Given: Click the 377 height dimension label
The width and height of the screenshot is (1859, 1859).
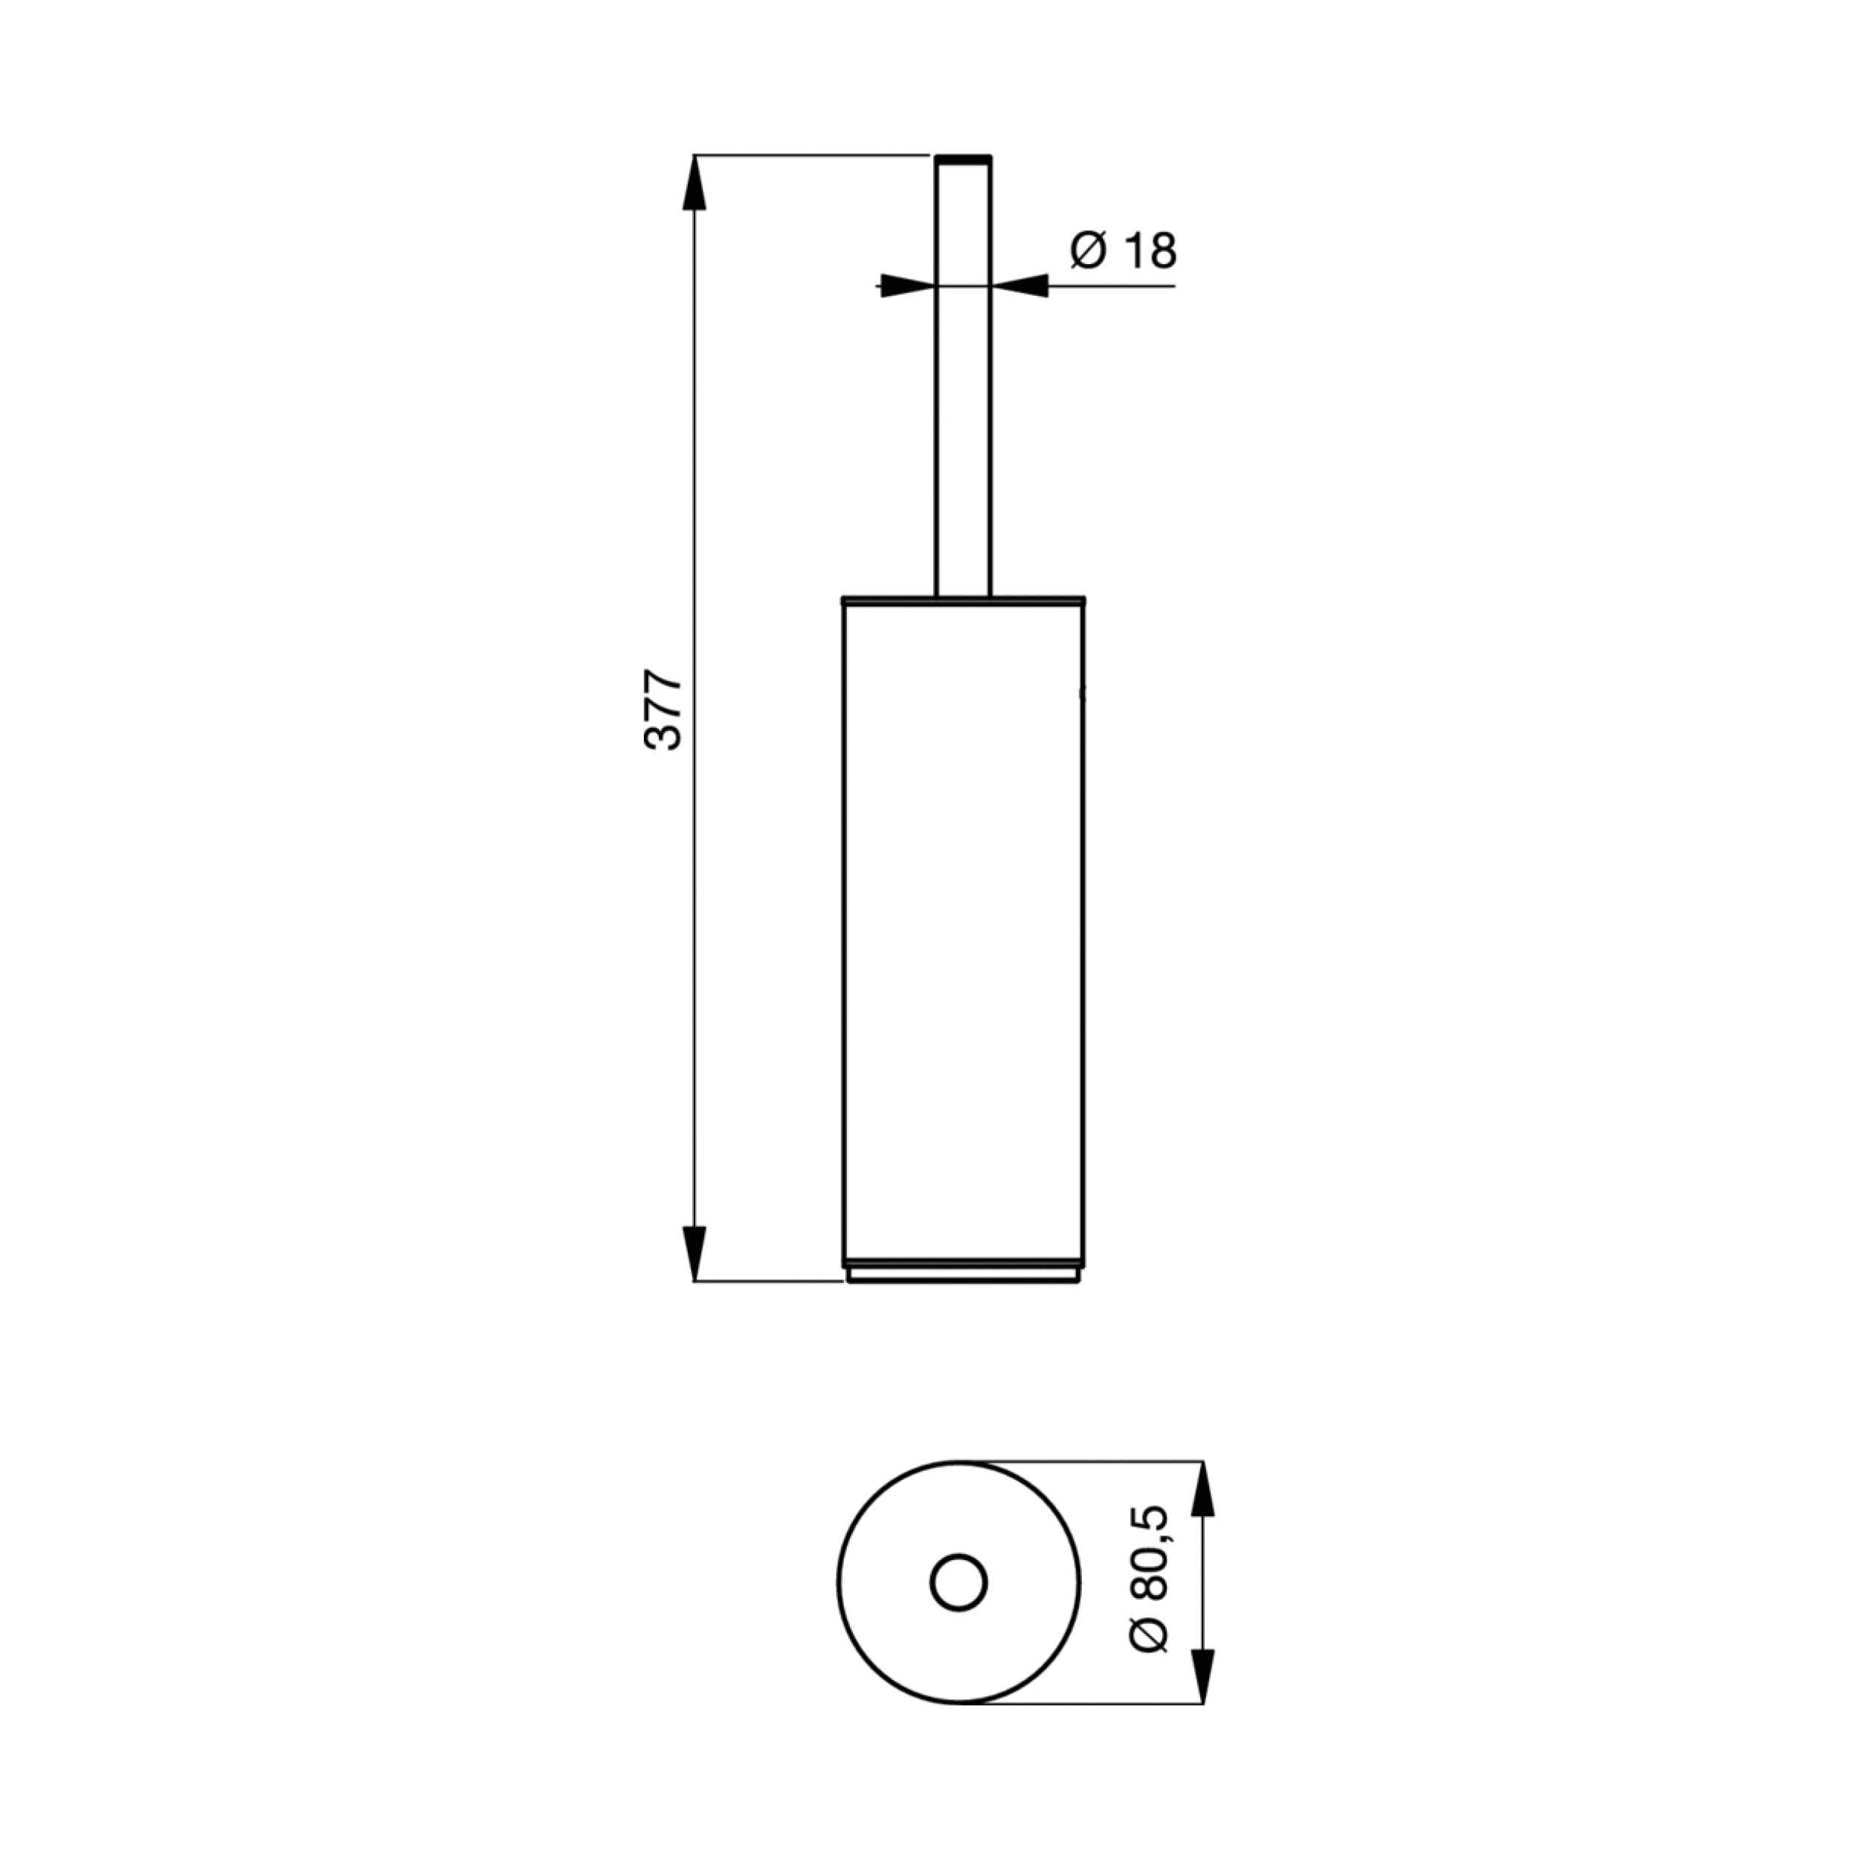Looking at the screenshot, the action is point(663,711).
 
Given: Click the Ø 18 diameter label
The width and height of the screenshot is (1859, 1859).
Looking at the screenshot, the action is point(1123,252).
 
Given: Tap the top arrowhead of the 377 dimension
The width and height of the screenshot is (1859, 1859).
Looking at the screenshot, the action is point(694,183).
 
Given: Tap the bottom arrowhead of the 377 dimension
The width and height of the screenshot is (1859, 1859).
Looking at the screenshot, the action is point(694,1253).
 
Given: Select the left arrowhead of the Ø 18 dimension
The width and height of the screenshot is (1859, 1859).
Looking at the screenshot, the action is point(907,286).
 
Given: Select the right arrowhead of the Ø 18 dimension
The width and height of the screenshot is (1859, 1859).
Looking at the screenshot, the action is point(1019,286).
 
